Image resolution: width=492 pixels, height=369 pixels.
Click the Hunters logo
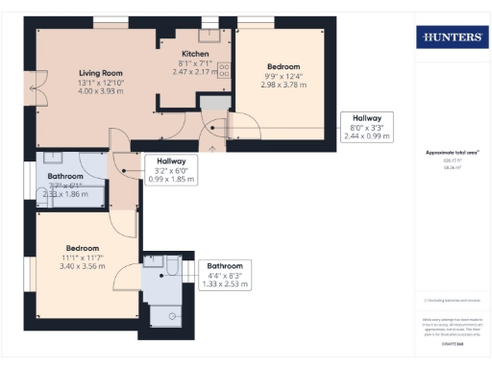click(449, 38)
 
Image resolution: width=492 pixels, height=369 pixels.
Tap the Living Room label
click(100, 72)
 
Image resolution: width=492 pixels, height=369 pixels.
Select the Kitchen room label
click(197, 54)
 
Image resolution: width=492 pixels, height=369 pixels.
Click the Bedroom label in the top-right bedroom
click(282, 66)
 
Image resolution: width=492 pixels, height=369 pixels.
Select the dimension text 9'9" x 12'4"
click(282, 75)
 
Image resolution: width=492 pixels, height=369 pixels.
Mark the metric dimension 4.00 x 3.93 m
click(100, 90)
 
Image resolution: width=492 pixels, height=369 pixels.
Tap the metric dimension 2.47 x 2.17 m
click(197, 71)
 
